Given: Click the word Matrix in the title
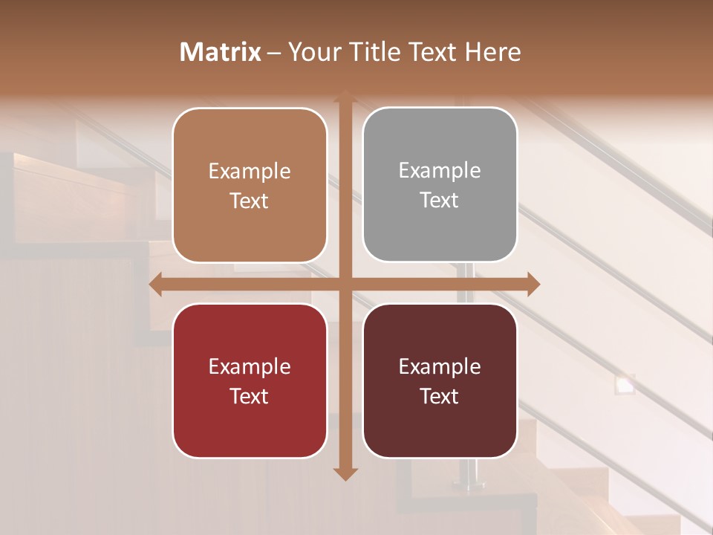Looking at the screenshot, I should (x=221, y=52).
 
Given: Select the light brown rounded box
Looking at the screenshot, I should (x=250, y=186).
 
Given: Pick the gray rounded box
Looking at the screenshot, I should (x=440, y=185).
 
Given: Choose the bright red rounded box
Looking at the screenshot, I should (x=250, y=381).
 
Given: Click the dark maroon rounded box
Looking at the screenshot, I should (x=440, y=381).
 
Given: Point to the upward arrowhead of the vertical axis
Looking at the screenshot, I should (x=345, y=97).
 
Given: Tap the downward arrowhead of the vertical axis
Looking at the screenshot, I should (x=345, y=473).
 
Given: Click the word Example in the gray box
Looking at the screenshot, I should (x=440, y=170).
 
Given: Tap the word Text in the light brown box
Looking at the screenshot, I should (x=250, y=201).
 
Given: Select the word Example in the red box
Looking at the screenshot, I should (x=250, y=366).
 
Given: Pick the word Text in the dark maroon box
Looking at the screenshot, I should (x=440, y=397).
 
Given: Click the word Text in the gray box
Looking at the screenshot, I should (x=440, y=201).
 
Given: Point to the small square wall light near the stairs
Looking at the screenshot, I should (x=625, y=383).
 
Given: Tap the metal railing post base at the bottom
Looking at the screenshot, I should (x=468, y=485).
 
